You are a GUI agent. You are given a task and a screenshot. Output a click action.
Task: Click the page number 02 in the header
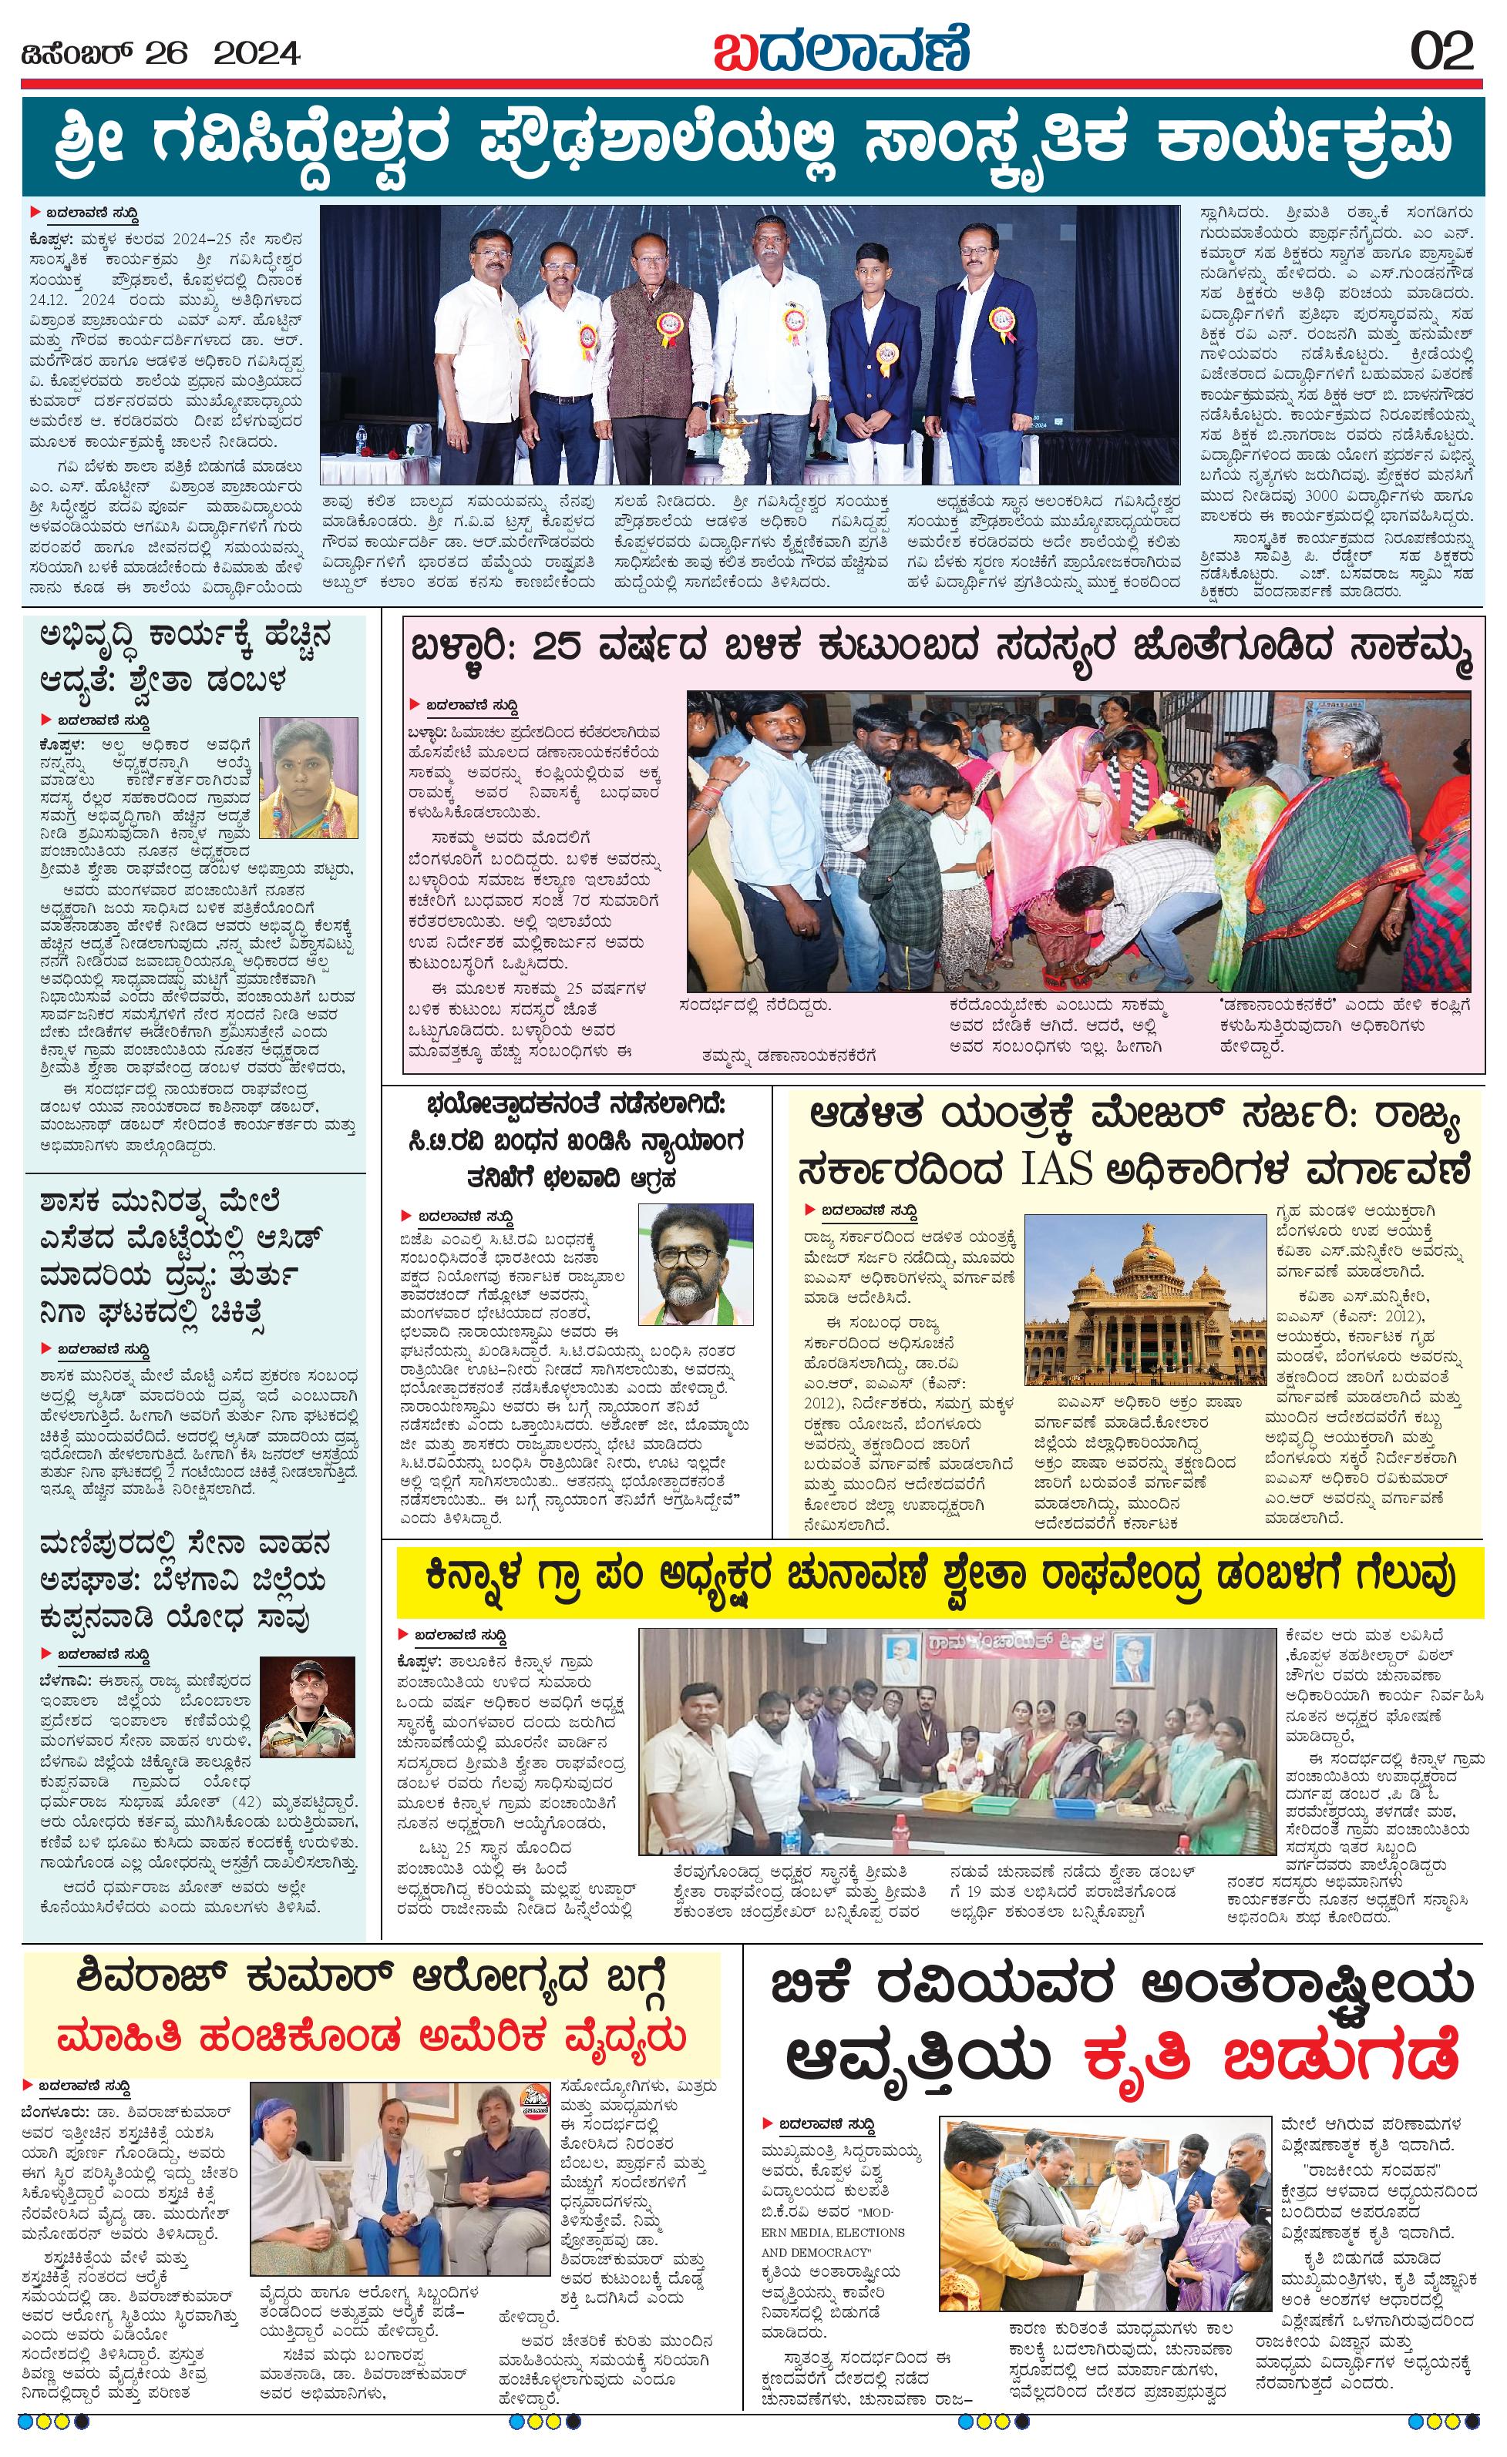[1442, 51]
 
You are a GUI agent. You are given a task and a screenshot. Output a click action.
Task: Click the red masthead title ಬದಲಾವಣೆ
[841, 50]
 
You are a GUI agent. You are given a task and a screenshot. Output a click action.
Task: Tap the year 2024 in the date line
[257, 53]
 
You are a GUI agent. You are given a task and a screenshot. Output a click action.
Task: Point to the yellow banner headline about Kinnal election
[940, 1577]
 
